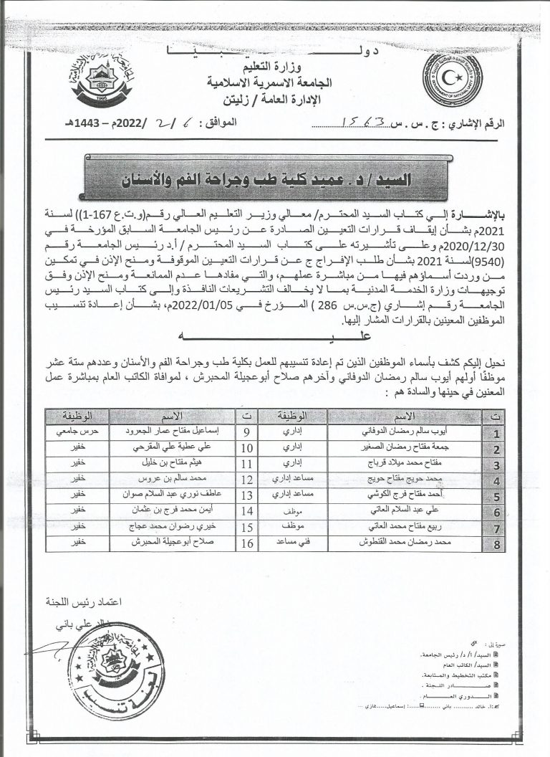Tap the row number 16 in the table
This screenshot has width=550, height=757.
247,543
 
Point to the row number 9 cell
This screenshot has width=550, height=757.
247,433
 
